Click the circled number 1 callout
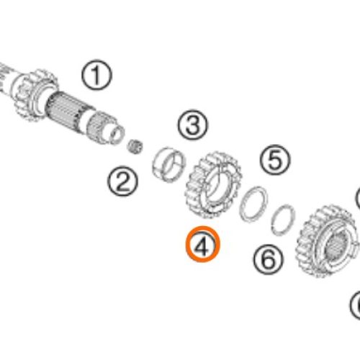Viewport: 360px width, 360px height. (x=96, y=75)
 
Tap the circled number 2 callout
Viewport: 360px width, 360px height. (x=122, y=181)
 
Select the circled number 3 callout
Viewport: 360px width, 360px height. (x=193, y=125)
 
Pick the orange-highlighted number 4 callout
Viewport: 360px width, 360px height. (x=202, y=244)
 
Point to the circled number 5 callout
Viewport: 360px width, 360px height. (x=275, y=159)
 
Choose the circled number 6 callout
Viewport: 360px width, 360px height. (x=269, y=259)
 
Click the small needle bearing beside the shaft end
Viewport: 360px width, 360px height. (x=135, y=146)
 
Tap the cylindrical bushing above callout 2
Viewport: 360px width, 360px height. (x=169, y=164)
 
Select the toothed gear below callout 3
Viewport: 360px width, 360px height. (x=212, y=185)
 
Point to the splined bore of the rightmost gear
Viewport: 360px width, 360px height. (x=337, y=246)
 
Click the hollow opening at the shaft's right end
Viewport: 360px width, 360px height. (x=117, y=135)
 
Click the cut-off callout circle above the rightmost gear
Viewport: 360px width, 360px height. (x=358, y=197)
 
